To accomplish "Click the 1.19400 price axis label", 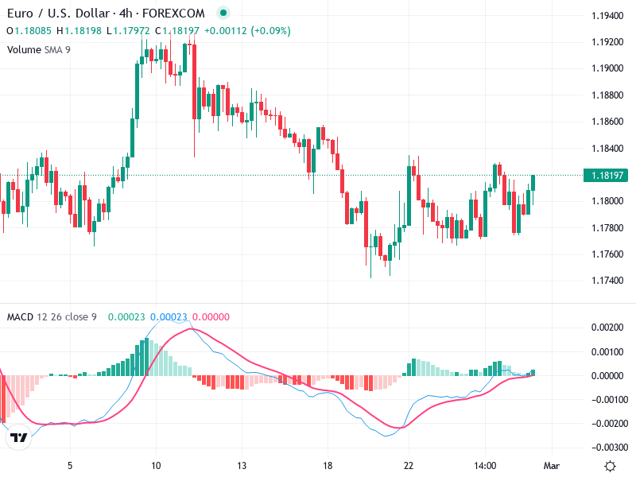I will pos(607,16).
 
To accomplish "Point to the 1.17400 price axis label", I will pos(607,281).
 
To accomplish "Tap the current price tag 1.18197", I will pos(607,175).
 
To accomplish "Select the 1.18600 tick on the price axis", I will pos(607,122).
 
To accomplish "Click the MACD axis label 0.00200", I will pos(607,328).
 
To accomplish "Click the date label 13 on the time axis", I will pos(242,466).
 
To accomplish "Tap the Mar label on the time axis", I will pos(552,466).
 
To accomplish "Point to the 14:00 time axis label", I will pos(484,466).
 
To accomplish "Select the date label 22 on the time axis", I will pos(409,466).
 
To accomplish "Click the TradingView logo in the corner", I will pos(19,437).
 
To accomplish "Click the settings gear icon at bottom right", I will pos(610,466).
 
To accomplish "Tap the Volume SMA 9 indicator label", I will pos(38,49).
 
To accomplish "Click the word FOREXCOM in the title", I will pos(173,14).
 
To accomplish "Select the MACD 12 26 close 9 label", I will pos(52,317).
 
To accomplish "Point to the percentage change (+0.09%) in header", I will pos(271,31).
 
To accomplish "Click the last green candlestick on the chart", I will pos(533,183).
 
